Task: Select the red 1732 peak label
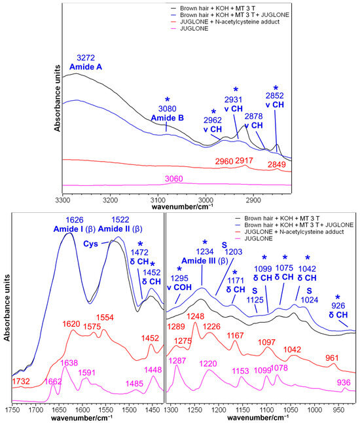[21, 382]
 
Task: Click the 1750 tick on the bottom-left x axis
[12, 410]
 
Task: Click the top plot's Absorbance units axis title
[58, 104]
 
